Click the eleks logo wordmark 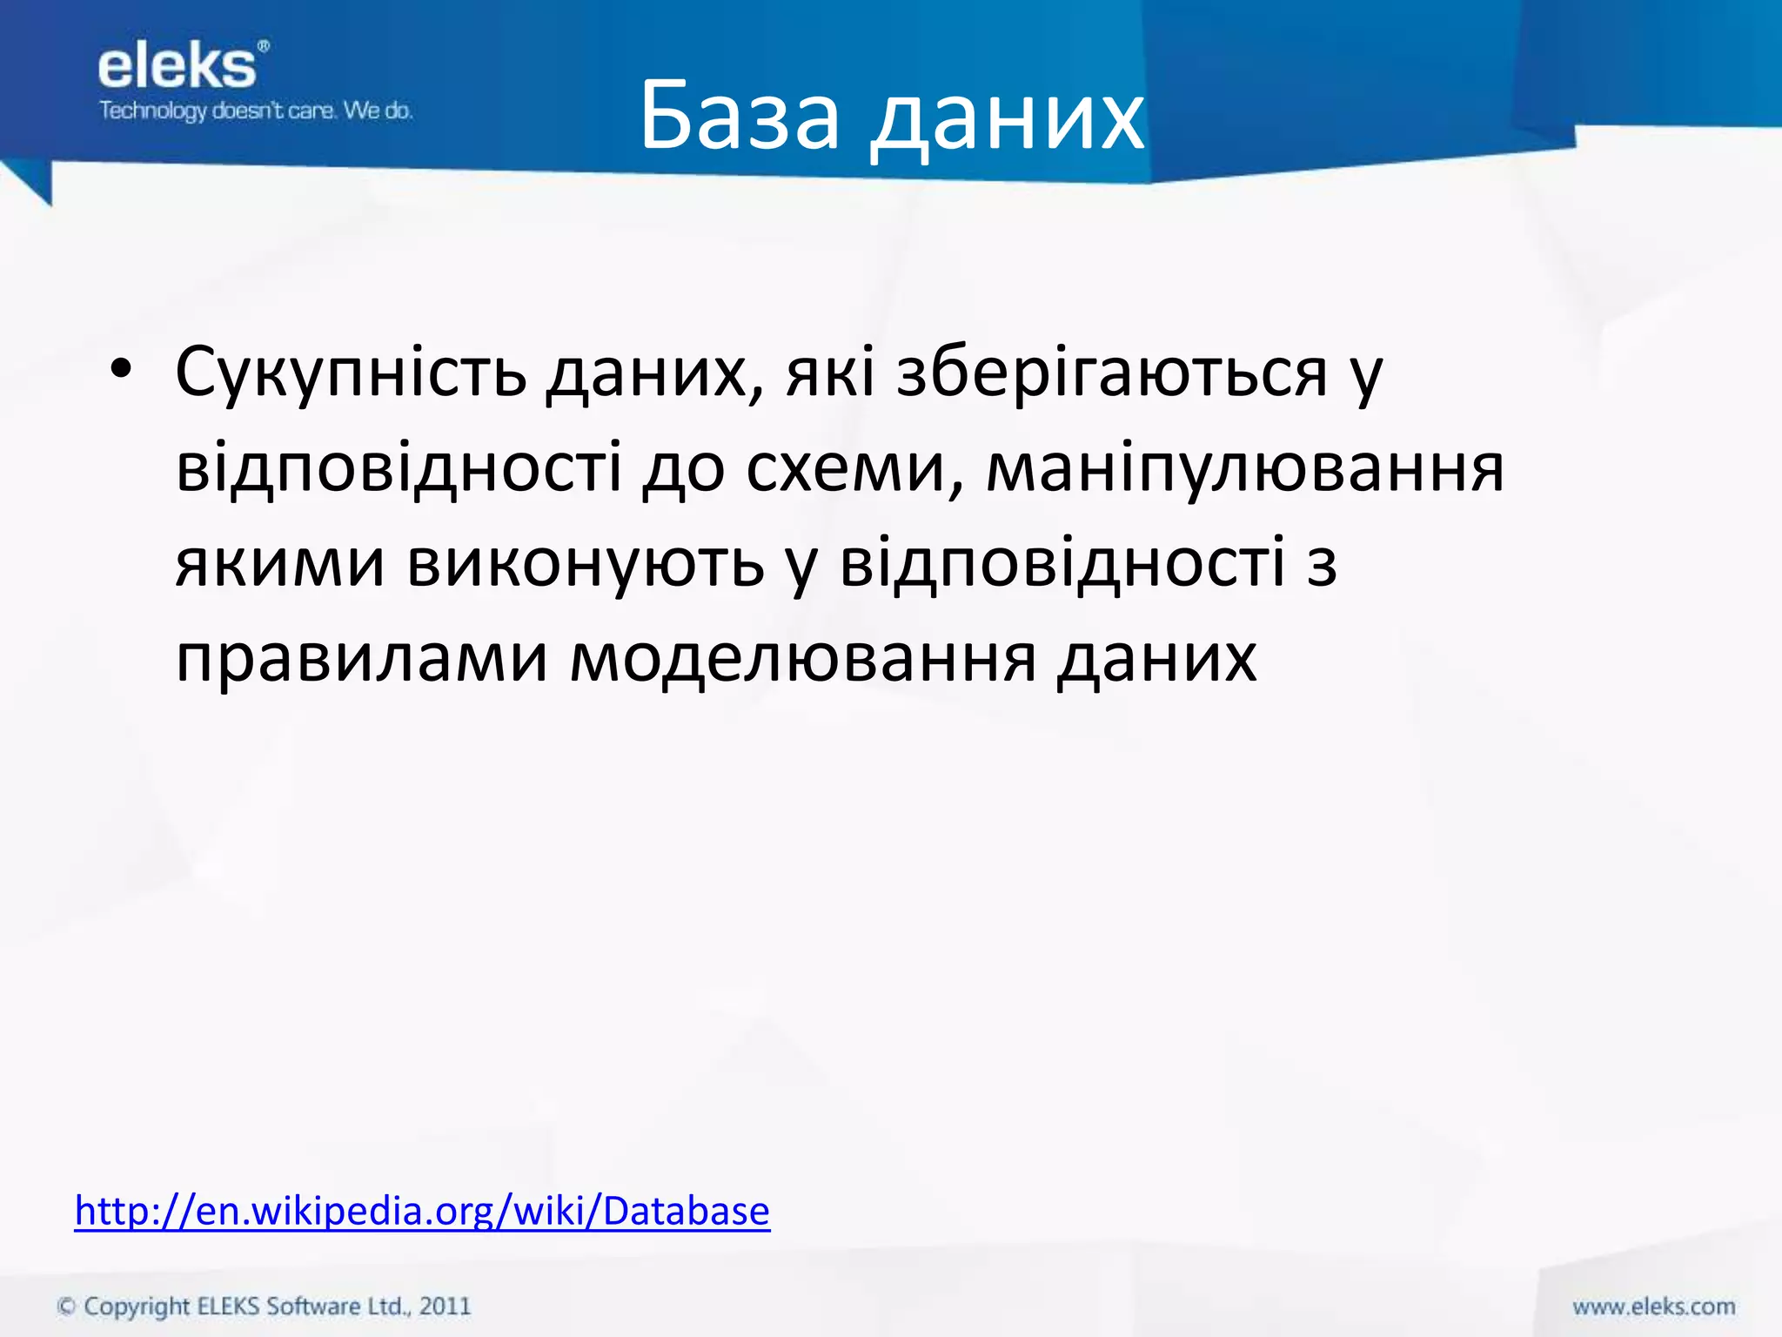[178, 67]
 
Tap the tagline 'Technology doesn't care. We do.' [256, 111]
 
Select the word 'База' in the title [740, 117]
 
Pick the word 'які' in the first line [830, 373]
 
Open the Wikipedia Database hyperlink [422, 1211]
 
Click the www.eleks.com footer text [1653, 1307]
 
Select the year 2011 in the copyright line [445, 1307]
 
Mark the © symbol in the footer [66, 1307]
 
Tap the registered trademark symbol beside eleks [264, 45]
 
